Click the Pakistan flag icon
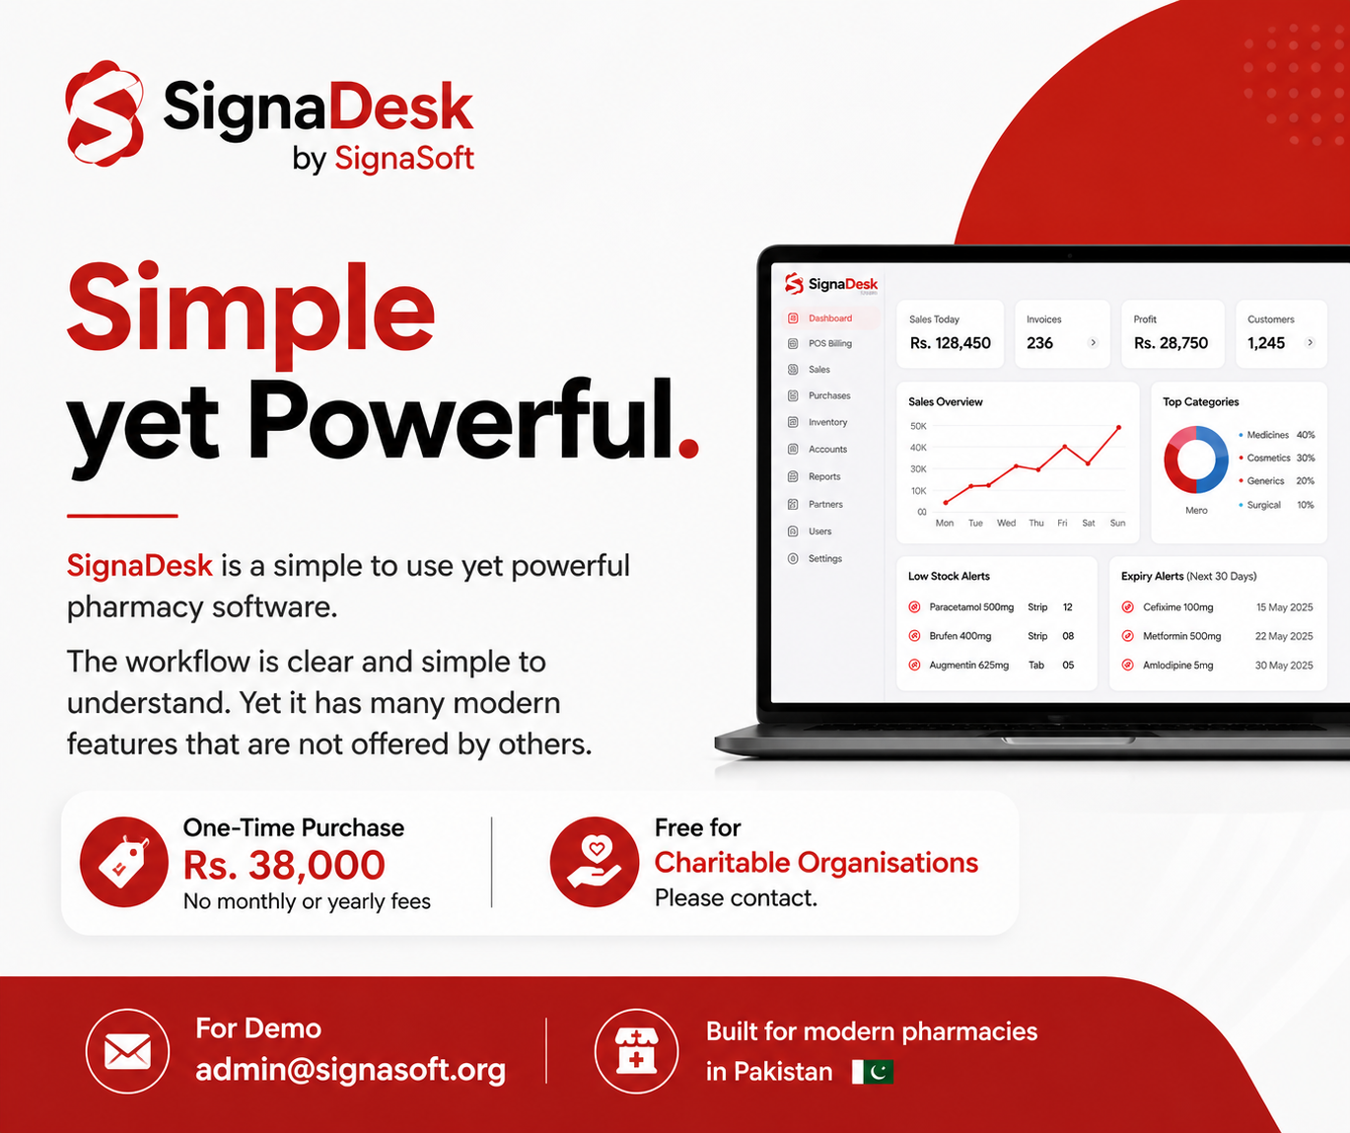[x=873, y=1072]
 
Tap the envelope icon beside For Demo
[x=127, y=1051]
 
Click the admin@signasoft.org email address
[x=350, y=1070]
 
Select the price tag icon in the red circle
[x=123, y=862]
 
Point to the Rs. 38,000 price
[x=284, y=865]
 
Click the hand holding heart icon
[x=595, y=862]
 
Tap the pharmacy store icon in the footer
[x=636, y=1051]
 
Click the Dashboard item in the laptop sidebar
[x=830, y=319]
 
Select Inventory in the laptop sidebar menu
[x=827, y=422]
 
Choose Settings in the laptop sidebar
[x=825, y=559]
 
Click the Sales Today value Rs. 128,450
[x=950, y=343]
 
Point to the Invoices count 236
[x=1039, y=343]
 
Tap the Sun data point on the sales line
[x=1118, y=427]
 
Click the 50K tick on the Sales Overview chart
[x=918, y=426]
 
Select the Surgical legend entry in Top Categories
[x=1277, y=505]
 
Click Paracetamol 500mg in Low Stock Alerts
[x=971, y=607]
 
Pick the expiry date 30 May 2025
[x=1284, y=666]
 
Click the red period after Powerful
[x=688, y=448]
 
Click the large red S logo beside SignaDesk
[x=105, y=113]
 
